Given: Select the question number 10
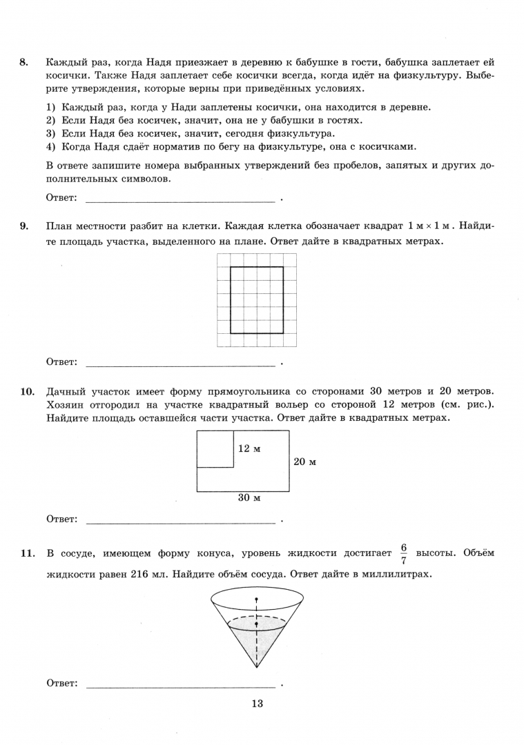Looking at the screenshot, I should click(27, 392).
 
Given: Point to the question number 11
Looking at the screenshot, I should click(27, 553).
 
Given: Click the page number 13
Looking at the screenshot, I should click(258, 704).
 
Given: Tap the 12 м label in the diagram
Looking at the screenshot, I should click(249, 448).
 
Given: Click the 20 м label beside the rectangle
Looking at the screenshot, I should click(304, 461).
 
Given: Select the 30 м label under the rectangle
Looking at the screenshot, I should click(249, 497).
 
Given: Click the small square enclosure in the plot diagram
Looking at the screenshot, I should click(215, 449).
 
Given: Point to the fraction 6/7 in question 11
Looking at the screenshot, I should click(403, 553).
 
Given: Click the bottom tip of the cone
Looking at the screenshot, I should click(256, 668).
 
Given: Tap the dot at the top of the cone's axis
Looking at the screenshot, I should click(256, 599).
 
